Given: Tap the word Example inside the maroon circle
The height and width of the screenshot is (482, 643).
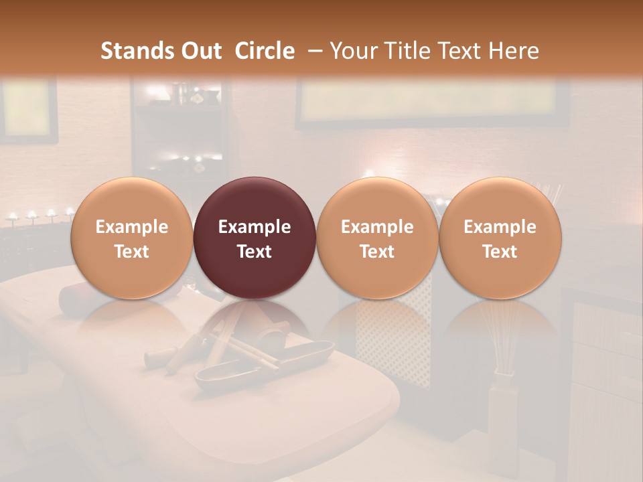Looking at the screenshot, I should [x=254, y=227].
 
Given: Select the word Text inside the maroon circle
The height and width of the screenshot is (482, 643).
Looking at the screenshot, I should [x=254, y=252].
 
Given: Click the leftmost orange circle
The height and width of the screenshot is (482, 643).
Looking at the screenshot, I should [x=131, y=238].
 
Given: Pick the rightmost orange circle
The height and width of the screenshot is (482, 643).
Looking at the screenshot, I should [x=500, y=238].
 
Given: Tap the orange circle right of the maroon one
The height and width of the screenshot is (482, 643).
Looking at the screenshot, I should [x=377, y=238].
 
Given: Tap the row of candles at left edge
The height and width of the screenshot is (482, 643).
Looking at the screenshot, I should [x=40, y=216].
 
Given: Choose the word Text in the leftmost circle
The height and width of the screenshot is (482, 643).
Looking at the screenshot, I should [x=131, y=252].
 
